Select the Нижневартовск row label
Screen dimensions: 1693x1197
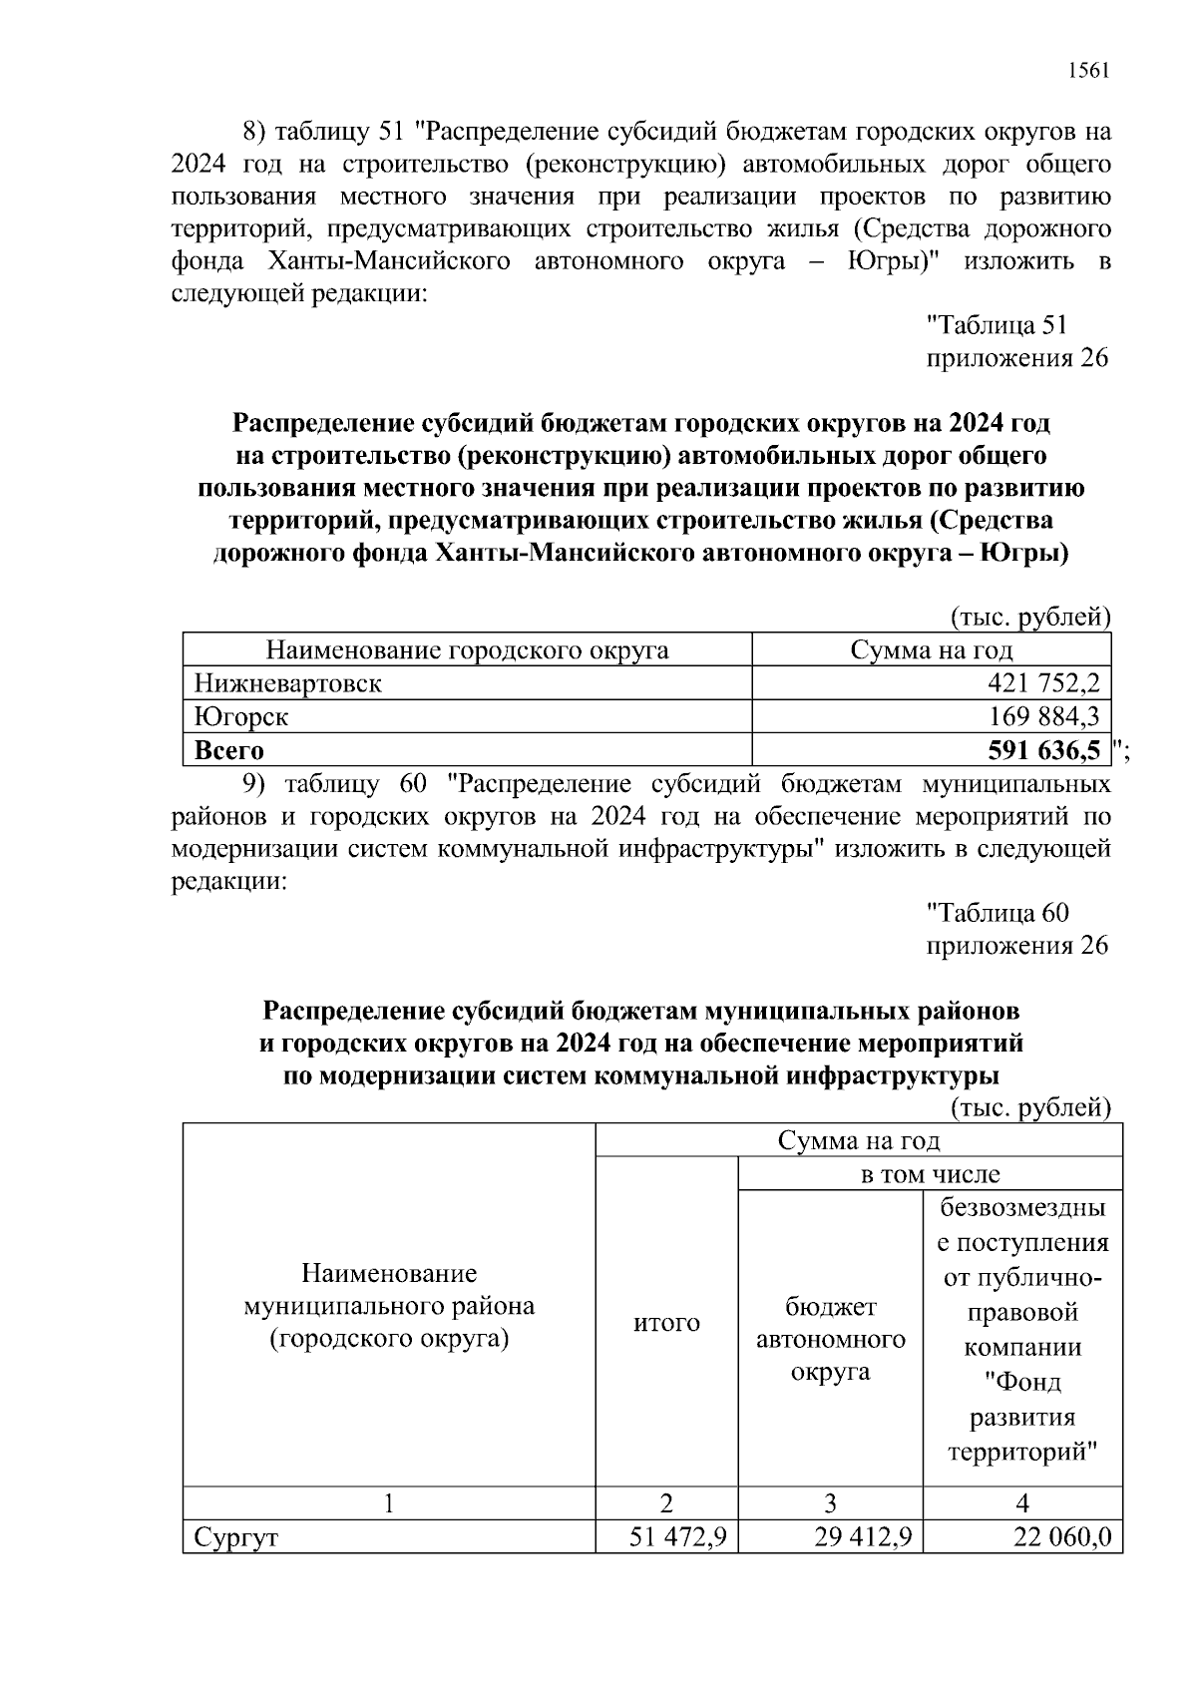287,683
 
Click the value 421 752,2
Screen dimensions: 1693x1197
1042,683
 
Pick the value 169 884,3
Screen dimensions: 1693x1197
1044,716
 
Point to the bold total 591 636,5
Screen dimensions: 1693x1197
1043,749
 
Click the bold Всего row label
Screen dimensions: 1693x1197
229,749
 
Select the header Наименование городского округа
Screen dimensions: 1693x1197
467,650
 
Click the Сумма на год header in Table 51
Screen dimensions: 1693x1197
931,650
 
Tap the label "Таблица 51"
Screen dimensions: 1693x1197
997,325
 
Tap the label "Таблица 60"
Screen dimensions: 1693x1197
997,913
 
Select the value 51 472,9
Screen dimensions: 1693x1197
676,1537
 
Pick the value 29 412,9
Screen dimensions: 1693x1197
863,1537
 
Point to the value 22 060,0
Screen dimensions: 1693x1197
1061,1537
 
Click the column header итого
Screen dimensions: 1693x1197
666,1323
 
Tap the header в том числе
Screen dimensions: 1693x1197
930,1174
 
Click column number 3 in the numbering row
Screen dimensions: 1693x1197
830,1503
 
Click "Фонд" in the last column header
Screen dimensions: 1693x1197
1022,1383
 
